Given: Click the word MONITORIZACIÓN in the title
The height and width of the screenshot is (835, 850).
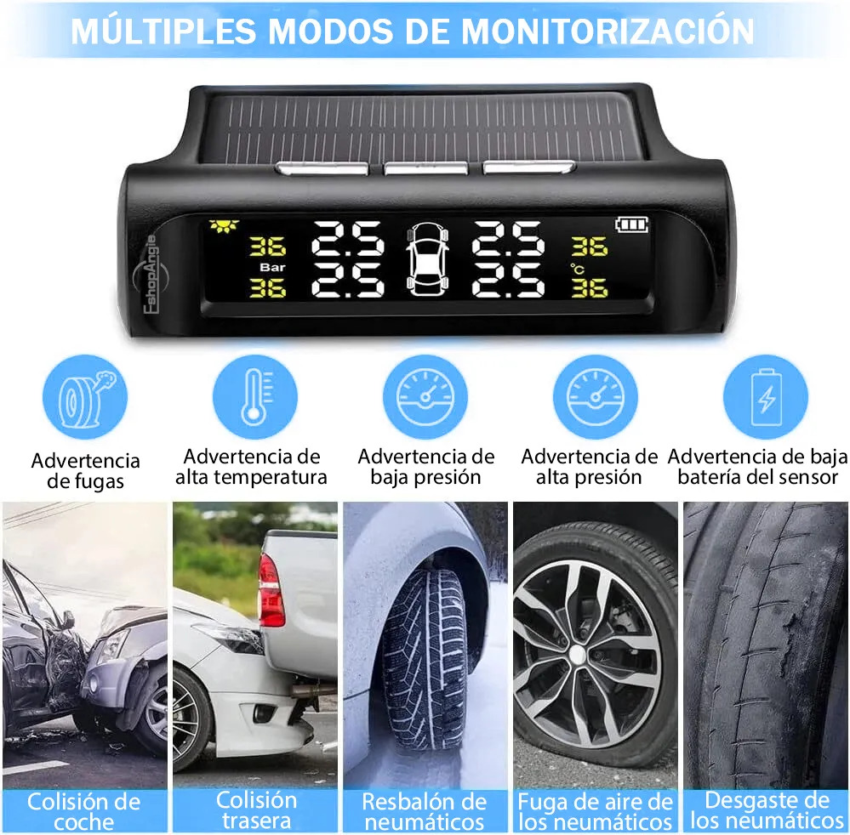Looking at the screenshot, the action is click(608, 31).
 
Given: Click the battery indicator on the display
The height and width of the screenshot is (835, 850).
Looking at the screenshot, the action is click(631, 224).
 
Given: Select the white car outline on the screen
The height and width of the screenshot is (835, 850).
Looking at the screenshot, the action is click(427, 259).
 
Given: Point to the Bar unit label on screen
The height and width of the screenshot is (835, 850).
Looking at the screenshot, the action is click(272, 267).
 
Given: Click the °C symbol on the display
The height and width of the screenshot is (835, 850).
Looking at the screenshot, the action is click(577, 268).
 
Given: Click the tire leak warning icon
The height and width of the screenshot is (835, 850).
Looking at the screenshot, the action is click(85, 396).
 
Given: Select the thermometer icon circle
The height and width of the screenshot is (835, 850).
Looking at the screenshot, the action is click(254, 396).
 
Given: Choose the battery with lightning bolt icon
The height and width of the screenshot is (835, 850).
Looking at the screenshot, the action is click(766, 396).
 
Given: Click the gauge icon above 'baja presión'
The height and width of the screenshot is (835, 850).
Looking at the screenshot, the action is click(425, 396).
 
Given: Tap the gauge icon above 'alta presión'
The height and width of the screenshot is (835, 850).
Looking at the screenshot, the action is click(596, 396).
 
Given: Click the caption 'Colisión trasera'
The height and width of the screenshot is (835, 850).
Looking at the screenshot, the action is click(256, 810).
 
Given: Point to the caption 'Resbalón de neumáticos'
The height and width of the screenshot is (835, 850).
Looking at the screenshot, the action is click(425, 811).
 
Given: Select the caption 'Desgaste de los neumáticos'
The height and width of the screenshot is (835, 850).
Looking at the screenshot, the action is click(767, 810).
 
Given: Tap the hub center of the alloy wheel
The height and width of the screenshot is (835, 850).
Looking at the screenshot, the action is click(577, 654).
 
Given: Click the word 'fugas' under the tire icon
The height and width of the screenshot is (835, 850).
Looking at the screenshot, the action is click(85, 481).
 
